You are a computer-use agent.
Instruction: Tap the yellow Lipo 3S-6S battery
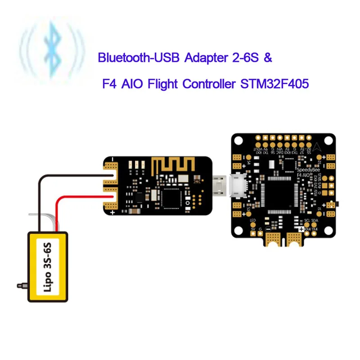pos(49,266)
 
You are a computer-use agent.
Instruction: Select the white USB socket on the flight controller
pos(238,185)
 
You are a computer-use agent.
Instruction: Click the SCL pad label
pos(307,221)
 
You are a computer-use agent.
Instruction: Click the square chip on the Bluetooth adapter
pos(173,197)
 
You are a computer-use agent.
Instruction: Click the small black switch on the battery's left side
pos(21,285)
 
